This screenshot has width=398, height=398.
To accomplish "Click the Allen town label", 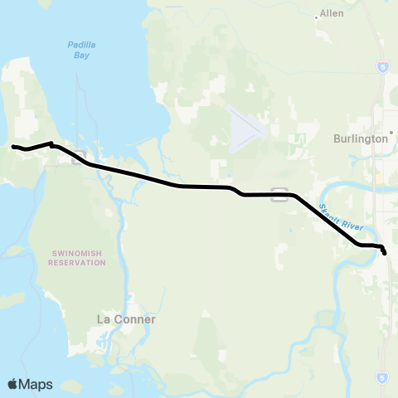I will pos(332,14).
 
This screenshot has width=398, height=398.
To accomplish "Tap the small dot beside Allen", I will pos(318,15).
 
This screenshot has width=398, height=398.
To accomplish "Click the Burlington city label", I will pos(361,138).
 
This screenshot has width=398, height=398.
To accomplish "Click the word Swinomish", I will pos(77,252).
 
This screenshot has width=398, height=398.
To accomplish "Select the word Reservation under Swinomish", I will pos(77,262).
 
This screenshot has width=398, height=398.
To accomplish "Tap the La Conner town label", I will pos(126,318).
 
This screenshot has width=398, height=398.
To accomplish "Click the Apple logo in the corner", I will pos(13,384).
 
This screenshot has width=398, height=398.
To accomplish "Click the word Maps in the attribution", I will pos(36,384).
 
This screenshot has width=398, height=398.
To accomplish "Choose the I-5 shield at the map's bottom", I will pos(381,374).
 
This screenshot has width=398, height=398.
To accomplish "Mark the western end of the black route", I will pos(12,147).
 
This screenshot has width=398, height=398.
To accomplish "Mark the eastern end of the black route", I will pos(385,254).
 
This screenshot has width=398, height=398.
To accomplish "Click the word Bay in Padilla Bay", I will pos(80,56).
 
